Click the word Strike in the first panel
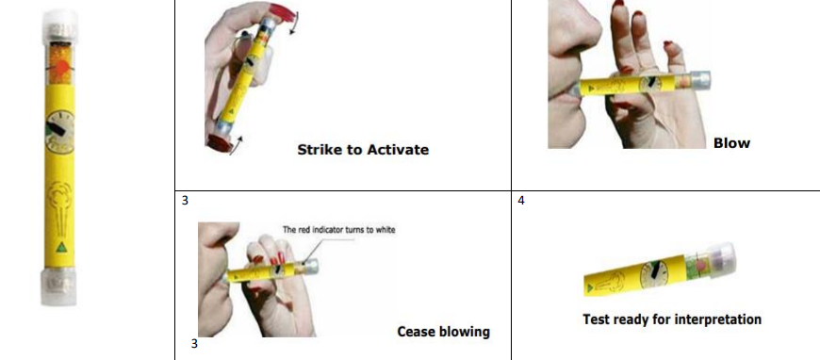point(318,150)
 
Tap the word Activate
point(398,150)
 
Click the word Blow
point(731,143)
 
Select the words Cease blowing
point(444,332)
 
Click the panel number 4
point(521,201)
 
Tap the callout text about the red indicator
point(339,229)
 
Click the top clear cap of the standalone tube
point(59,25)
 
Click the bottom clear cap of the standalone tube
point(58,286)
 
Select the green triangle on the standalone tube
point(61,248)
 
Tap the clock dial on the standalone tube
point(60,132)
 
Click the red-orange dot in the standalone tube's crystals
point(61,68)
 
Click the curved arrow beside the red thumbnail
point(294,25)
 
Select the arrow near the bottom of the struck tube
point(236,145)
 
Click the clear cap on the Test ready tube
point(721,258)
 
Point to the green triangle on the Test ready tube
point(590,287)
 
